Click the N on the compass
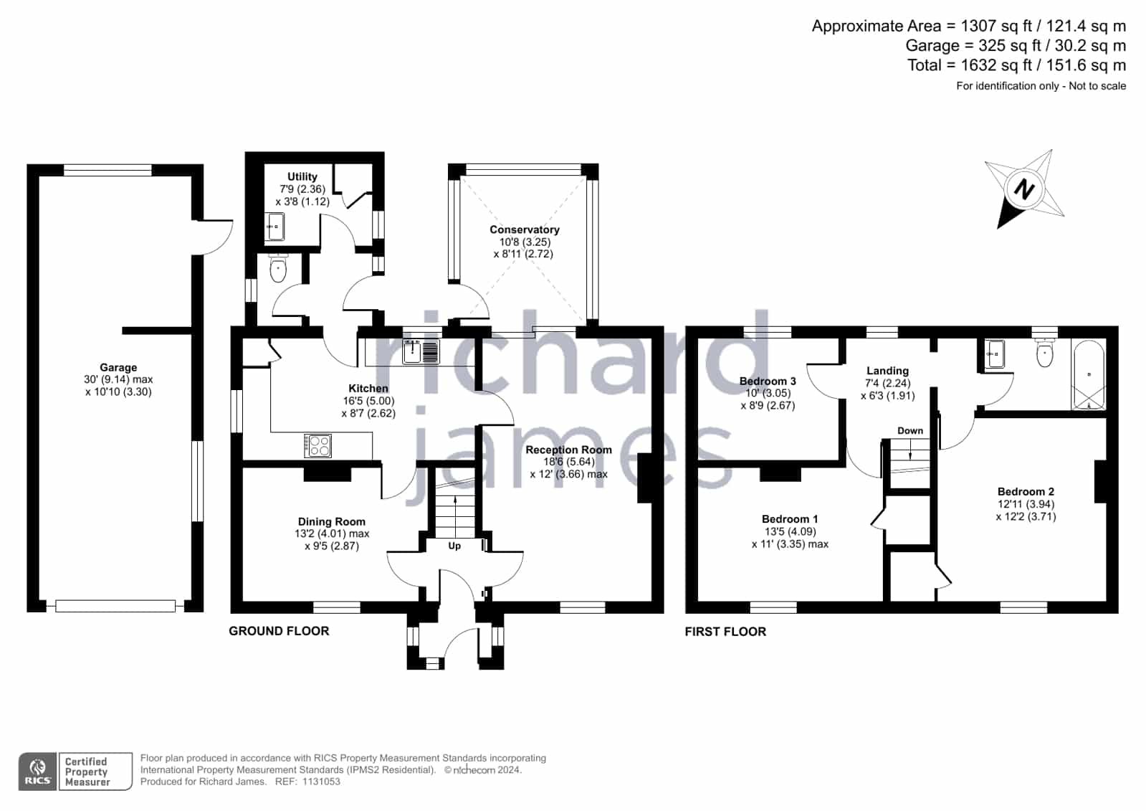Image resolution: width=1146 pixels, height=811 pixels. coord(1024,190)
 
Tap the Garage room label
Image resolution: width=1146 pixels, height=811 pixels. coord(118,368)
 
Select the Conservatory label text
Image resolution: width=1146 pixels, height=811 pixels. coord(525,230)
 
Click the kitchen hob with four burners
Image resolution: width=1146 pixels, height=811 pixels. coord(317,445)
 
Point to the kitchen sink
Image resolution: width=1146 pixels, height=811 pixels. coord(421,351)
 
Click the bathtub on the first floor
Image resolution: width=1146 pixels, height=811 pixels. coord(1089,375)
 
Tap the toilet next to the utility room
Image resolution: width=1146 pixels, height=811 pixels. coord(278,269)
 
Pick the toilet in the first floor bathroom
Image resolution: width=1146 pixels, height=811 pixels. coord(1044,352)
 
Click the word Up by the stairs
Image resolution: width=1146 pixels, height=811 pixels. coord(454,546)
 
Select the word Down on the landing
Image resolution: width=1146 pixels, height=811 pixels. coord(910,430)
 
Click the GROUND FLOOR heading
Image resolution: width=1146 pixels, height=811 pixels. coord(279,631)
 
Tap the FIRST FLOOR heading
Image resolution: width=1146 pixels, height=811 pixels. coord(725,631)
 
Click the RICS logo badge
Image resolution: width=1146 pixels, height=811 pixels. coord(38,771)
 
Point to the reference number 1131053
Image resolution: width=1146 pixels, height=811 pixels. coord(321,782)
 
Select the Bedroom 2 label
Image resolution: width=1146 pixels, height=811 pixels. coord(1026,491)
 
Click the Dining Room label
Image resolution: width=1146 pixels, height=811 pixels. coord(332,522)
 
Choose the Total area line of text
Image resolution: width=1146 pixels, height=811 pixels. coord(1016,65)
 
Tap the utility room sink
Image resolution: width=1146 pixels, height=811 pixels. coord(276,227)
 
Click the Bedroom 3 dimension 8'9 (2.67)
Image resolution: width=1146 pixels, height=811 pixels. coord(768,406)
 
